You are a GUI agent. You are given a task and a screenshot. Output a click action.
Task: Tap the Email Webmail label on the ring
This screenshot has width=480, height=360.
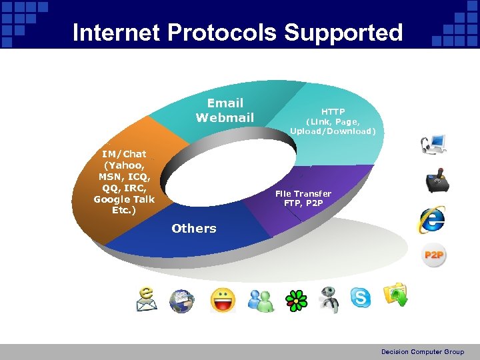[225, 111]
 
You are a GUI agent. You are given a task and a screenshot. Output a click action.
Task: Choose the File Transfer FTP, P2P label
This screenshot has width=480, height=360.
[303, 198]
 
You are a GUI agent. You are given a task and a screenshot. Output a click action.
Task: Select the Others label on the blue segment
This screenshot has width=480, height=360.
[193, 228]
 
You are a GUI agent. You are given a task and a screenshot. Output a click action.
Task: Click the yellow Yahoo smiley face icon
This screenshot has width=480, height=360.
[223, 300]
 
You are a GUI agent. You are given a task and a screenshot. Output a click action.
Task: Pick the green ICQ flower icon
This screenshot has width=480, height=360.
[294, 300]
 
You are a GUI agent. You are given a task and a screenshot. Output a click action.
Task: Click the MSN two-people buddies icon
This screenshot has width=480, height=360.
[261, 301]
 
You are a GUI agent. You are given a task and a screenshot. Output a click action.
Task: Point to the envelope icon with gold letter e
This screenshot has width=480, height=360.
[147, 299]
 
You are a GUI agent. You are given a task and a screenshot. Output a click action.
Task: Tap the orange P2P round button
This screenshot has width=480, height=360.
[434, 255]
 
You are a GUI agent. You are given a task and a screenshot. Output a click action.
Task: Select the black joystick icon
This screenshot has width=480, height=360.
[437, 181]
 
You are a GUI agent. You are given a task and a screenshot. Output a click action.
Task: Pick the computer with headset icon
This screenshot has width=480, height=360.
[433, 145]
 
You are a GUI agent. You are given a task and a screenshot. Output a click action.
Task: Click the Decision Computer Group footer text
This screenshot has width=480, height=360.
[422, 351]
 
